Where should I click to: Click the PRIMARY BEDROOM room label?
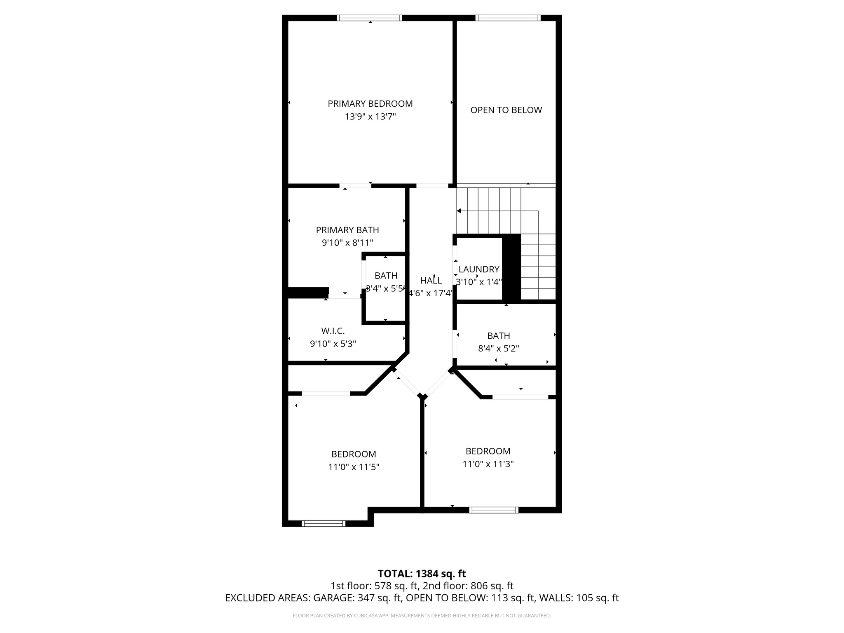(370, 103)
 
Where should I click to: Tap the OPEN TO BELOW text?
(506, 110)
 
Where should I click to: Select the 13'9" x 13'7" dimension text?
(370, 117)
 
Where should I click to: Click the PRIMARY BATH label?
(347, 230)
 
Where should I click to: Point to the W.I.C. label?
(333, 331)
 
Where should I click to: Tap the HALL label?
(431, 281)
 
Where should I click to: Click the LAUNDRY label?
(478, 270)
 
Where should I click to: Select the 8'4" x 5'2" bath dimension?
(498, 349)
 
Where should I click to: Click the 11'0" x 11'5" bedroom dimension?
(354, 467)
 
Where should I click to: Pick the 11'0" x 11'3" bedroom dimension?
(488, 464)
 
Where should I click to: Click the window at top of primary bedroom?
(369, 18)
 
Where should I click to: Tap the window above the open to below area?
(507, 18)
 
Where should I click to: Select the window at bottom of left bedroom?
(324, 523)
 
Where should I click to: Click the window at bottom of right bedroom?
(494, 510)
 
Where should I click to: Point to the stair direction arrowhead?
(459, 211)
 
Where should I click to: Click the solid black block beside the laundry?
(511, 268)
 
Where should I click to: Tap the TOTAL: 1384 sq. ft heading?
(422, 574)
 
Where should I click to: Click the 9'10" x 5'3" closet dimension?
(333, 344)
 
